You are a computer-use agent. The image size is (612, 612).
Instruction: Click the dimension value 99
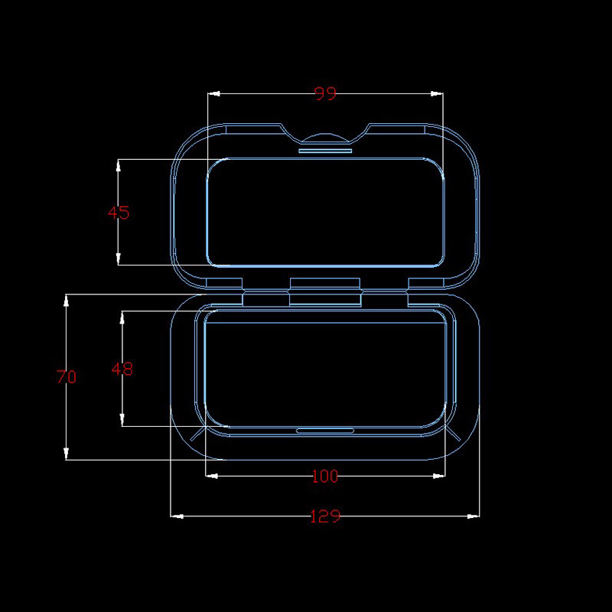pyautogui.click(x=325, y=94)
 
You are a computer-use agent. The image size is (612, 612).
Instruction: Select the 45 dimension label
pyautogui.click(x=119, y=213)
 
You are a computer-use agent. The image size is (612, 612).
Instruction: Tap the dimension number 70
pyautogui.click(x=67, y=376)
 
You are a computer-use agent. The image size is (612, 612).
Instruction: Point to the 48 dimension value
pyautogui.click(x=122, y=369)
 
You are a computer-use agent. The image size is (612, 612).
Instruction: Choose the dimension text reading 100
pyautogui.click(x=324, y=477)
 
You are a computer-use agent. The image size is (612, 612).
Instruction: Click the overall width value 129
pyautogui.click(x=324, y=516)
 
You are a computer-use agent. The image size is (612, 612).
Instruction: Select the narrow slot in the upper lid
pyautogui.click(x=325, y=151)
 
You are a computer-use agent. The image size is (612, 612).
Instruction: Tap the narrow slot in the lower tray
pyautogui.click(x=325, y=431)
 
